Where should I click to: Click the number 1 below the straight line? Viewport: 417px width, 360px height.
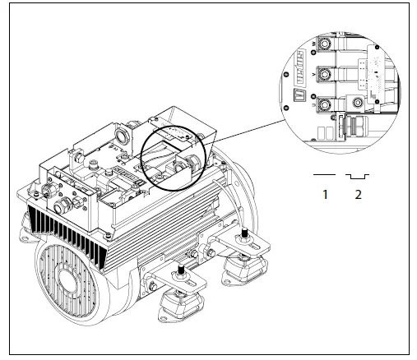point(326,195)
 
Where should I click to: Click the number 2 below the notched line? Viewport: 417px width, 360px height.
point(358,195)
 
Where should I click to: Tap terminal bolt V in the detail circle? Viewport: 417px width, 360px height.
point(327,75)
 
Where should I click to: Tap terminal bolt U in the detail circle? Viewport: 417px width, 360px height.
point(327,105)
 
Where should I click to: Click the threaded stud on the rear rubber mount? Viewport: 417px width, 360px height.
point(244,239)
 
